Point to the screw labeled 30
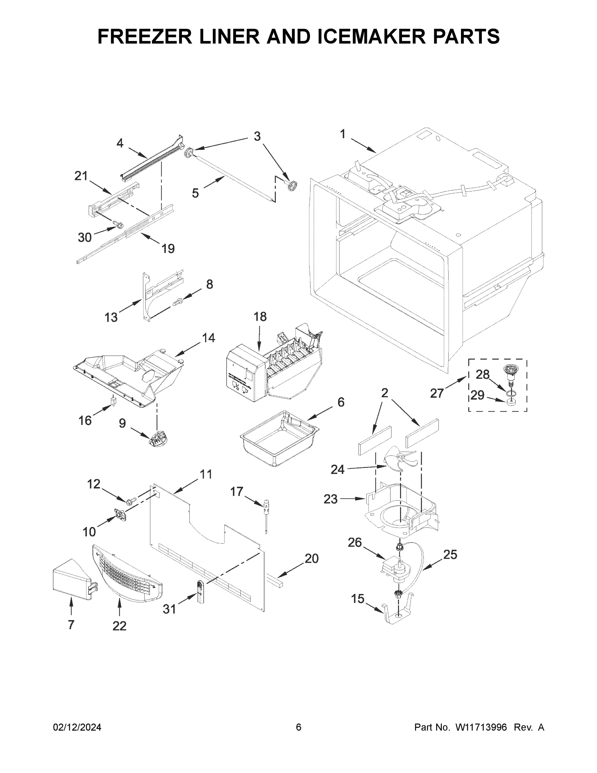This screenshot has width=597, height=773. pos(119,224)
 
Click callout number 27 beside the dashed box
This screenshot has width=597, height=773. pos(437,393)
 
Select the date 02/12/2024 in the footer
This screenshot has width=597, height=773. pos(77,727)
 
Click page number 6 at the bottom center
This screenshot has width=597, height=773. pos(299,727)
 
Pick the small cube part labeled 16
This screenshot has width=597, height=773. pos(113,401)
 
